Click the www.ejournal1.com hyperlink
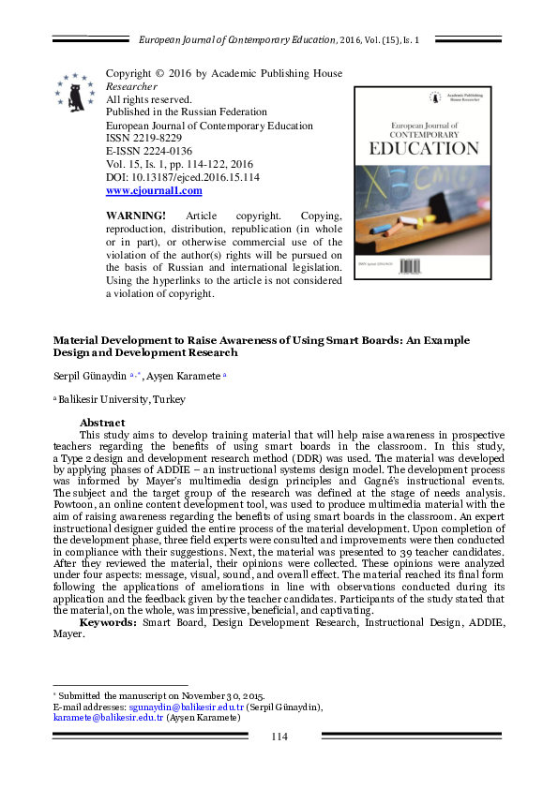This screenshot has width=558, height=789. tap(154, 190)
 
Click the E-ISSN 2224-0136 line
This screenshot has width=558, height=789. tap(149, 151)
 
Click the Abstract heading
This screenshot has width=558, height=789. tap(103, 423)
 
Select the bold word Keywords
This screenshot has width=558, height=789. tap(105, 621)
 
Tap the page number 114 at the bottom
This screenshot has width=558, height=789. tap(279, 737)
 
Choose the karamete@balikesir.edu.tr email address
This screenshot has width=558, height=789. tap(109, 718)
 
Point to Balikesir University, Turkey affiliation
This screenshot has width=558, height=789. tap(122, 399)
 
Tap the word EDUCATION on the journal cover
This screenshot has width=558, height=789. tap(425, 148)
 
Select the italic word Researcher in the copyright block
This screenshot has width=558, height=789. tap(131, 86)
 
